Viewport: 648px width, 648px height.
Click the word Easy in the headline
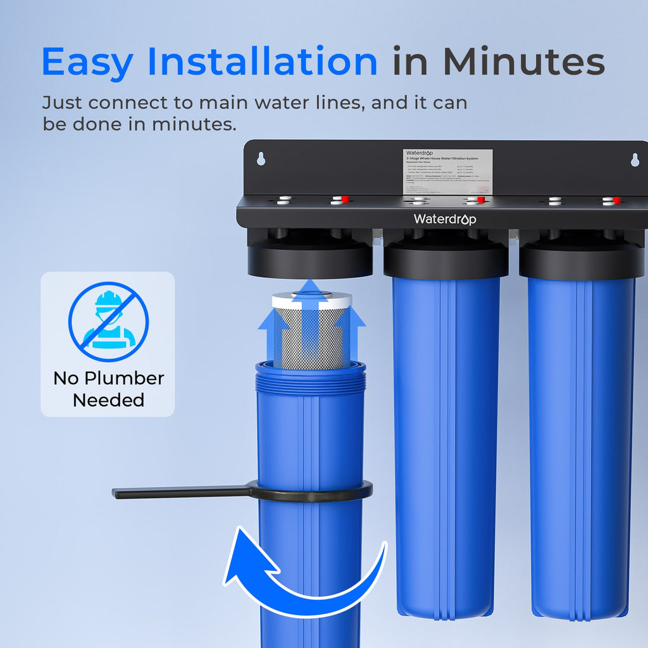click(x=87, y=62)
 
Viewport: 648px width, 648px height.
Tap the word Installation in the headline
click(x=263, y=62)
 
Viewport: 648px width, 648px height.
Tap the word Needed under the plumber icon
click(x=108, y=400)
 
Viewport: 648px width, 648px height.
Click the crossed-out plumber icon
click(x=108, y=321)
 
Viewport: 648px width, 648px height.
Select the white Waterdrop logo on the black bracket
click(x=445, y=219)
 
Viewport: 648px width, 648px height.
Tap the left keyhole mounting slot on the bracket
click(x=260, y=158)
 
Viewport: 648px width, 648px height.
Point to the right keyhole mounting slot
click(x=635, y=160)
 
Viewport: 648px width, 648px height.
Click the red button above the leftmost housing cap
click(x=345, y=200)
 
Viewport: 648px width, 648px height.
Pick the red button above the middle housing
click(x=481, y=200)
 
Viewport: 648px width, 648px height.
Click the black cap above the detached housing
click(x=309, y=259)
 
